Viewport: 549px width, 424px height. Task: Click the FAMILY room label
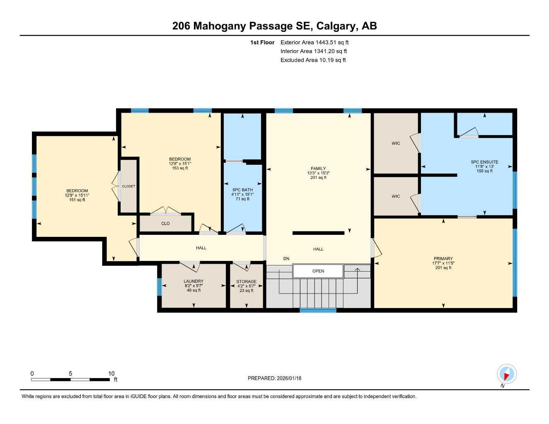click(318, 169)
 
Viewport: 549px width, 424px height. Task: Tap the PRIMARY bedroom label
click(443, 258)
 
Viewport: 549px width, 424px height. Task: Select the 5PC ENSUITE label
click(484, 162)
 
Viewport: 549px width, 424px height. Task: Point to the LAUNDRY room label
click(193, 281)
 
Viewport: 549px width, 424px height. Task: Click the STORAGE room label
click(246, 282)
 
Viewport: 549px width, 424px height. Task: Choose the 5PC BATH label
click(242, 190)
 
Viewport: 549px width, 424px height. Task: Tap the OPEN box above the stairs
click(318, 271)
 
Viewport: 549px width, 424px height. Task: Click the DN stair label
click(286, 259)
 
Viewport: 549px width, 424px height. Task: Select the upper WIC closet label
click(396, 143)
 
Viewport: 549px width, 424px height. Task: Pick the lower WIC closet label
click(396, 196)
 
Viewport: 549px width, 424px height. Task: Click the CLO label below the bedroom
click(165, 224)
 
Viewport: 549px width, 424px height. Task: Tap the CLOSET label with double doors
click(128, 186)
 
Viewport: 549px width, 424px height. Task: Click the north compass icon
click(506, 374)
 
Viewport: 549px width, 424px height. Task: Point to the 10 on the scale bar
click(111, 373)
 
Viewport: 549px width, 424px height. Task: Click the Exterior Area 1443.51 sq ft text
click(314, 42)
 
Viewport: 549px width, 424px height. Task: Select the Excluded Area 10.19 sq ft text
click(313, 60)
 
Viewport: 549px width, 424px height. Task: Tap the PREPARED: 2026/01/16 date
click(274, 378)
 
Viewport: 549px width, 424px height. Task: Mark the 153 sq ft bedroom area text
click(180, 168)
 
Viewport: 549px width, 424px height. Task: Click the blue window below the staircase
click(318, 310)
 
